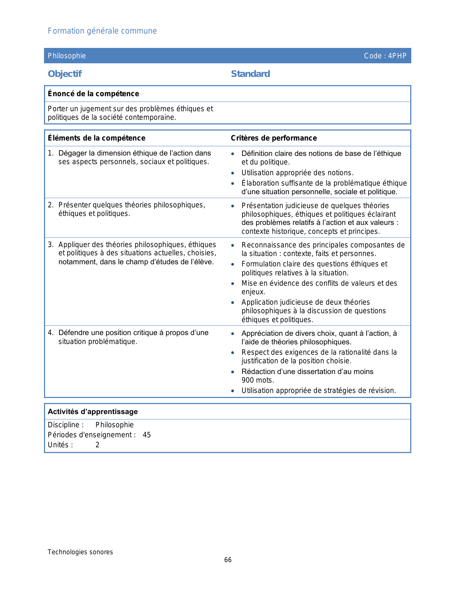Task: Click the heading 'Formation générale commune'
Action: [x=102, y=31]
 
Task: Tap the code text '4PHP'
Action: [x=397, y=56]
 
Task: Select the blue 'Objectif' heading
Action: [x=65, y=74]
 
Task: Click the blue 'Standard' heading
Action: [x=250, y=74]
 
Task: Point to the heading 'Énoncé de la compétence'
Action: [x=93, y=94]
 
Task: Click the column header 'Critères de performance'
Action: [x=274, y=138]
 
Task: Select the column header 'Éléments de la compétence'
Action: [x=97, y=138]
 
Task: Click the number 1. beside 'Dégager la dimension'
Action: [x=50, y=153]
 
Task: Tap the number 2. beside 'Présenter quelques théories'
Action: [x=50, y=205]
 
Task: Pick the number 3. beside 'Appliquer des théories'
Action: [x=50, y=245]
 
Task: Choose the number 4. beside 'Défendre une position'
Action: [x=50, y=333]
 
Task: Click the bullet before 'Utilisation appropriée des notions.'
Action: [x=233, y=173]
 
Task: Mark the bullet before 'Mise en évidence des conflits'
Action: [x=233, y=284]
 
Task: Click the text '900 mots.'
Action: [x=258, y=380]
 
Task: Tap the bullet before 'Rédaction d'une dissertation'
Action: [x=233, y=372]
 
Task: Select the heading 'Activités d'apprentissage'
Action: [x=93, y=412]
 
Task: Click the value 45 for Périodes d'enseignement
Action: [x=147, y=435]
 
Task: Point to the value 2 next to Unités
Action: [x=97, y=445]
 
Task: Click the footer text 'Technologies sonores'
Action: [x=80, y=552]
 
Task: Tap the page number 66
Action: [x=228, y=560]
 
